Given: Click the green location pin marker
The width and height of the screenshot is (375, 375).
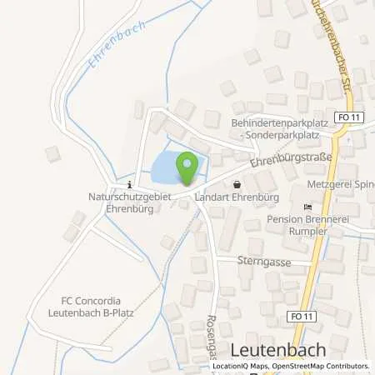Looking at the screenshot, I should pyautogui.click(x=187, y=166).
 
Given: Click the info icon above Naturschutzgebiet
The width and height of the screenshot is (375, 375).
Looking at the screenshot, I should pyautogui.click(x=130, y=184).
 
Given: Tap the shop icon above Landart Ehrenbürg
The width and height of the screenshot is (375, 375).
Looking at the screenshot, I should pyautogui.click(x=237, y=185).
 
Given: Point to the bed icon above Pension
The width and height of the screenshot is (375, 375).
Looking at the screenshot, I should pyautogui.click(x=307, y=207).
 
